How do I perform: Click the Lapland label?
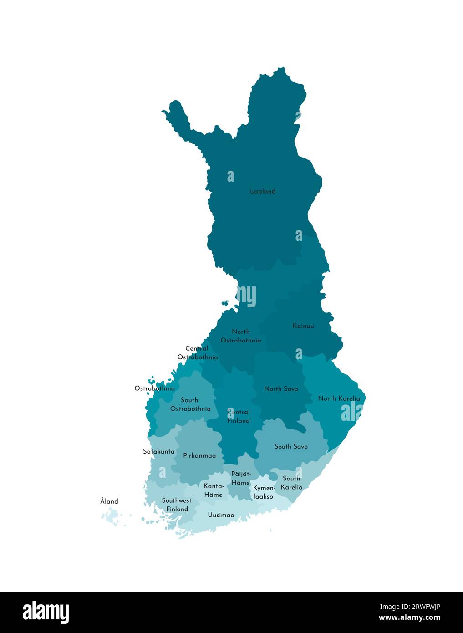click(x=263, y=191)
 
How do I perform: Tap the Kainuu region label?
click(x=303, y=326)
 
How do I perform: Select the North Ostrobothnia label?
click(x=241, y=336)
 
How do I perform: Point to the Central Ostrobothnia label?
click(x=197, y=353)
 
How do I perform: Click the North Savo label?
click(x=281, y=389)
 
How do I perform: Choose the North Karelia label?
click(x=339, y=398)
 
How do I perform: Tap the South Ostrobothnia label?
click(x=190, y=404)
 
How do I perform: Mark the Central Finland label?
click(x=239, y=416)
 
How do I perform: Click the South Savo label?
click(x=291, y=446)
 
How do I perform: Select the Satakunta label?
click(x=158, y=452)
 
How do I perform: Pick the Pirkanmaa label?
click(x=199, y=455)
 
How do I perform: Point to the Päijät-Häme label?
click(x=241, y=478)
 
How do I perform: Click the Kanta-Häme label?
click(x=213, y=490)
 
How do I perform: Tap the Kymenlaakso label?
click(x=264, y=492)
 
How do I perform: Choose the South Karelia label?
click(x=291, y=483)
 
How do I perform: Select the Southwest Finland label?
click(x=177, y=505)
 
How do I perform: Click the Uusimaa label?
click(x=221, y=515)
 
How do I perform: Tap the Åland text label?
click(x=109, y=501)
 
